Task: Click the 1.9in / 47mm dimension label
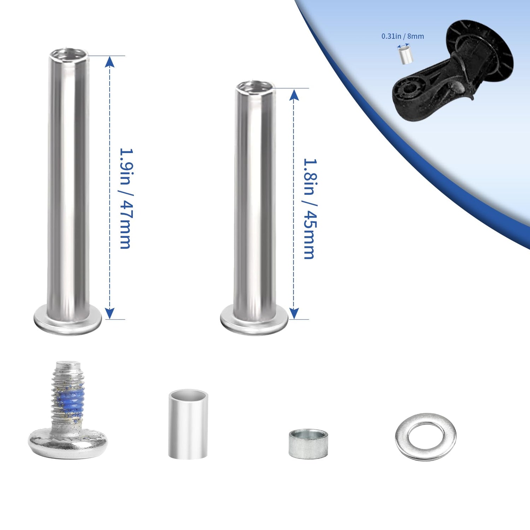(126, 198)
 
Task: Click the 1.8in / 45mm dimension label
(310, 208)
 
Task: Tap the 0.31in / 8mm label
(402, 36)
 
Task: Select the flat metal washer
(426, 437)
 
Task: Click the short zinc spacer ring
(308, 444)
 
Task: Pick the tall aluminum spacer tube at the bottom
(188, 424)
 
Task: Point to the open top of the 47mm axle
(69, 54)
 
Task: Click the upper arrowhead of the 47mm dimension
(110, 61)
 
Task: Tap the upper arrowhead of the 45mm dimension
(294, 94)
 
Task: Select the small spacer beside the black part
(405, 54)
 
